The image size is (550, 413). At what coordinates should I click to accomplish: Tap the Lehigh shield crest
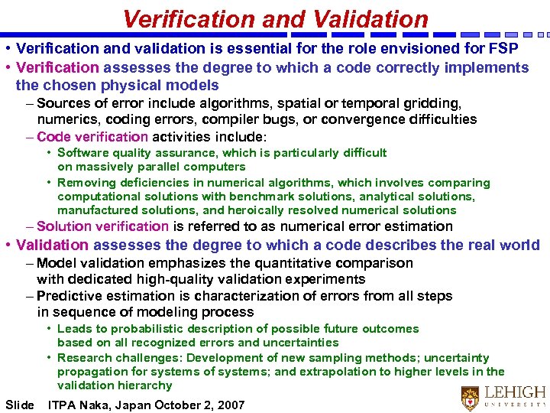[470, 398]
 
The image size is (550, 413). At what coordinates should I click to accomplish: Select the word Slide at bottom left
[19, 405]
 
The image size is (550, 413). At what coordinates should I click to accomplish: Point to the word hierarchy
[146, 385]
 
